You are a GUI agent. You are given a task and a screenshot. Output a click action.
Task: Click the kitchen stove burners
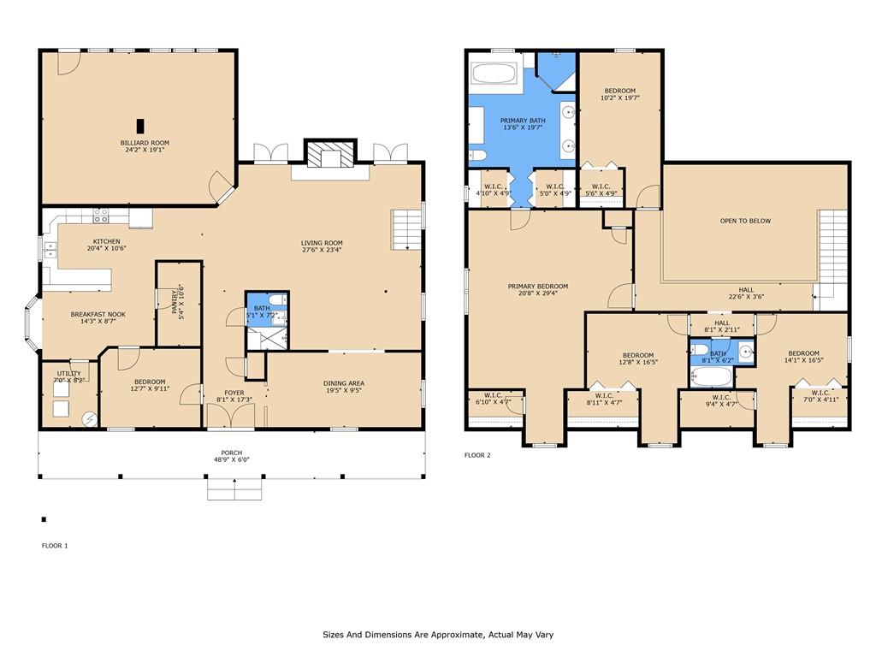click(x=101, y=216)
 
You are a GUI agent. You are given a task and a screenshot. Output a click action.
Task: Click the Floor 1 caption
click(x=55, y=546)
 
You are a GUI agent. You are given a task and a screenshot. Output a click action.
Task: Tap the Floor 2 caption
click(x=477, y=455)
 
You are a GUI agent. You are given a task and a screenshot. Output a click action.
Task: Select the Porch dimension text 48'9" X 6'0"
click(x=232, y=459)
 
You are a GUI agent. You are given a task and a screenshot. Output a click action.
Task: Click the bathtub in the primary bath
click(x=495, y=74)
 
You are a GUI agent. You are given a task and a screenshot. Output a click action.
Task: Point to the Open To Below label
click(x=745, y=221)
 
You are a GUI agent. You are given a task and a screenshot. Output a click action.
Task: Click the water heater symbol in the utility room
click(x=89, y=417)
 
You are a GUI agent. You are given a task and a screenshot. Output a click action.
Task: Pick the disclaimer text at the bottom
click(x=438, y=635)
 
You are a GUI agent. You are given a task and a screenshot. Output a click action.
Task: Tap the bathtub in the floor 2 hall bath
click(x=711, y=376)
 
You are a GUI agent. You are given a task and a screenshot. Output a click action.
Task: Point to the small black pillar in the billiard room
click(x=140, y=126)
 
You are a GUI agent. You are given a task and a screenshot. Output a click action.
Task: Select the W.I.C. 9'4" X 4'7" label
click(x=721, y=400)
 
